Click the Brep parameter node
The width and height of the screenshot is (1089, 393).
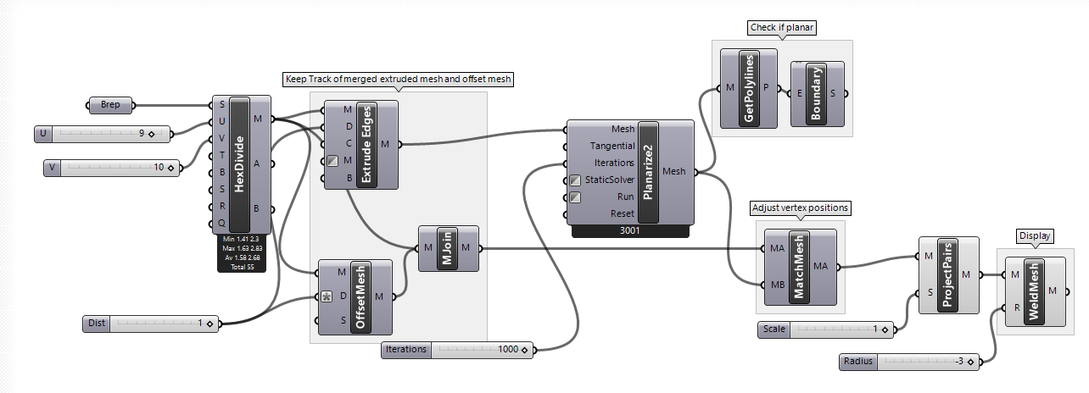pyautogui.click(x=110, y=106)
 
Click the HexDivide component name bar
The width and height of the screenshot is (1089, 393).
pyautogui.click(x=240, y=165)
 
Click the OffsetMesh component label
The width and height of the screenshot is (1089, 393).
pyautogui.click(x=360, y=296)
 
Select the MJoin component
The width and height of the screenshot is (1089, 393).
pyautogui.click(x=447, y=248)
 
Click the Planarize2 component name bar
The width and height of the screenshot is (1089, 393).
pyautogui.click(x=648, y=172)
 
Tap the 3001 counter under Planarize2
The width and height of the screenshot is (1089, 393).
pyautogui.click(x=631, y=230)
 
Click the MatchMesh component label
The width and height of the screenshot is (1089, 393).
pyautogui.click(x=798, y=267)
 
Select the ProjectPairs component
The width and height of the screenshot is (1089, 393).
pyautogui.click(x=948, y=274)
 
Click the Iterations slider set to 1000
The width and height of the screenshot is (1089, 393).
pyautogui.click(x=458, y=349)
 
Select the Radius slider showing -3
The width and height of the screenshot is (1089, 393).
pyautogui.click(x=912, y=362)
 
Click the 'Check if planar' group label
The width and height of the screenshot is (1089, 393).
pyautogui.click(x=782, y=28)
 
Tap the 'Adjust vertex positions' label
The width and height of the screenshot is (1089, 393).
pyautogui.click(x=800, y=208)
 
